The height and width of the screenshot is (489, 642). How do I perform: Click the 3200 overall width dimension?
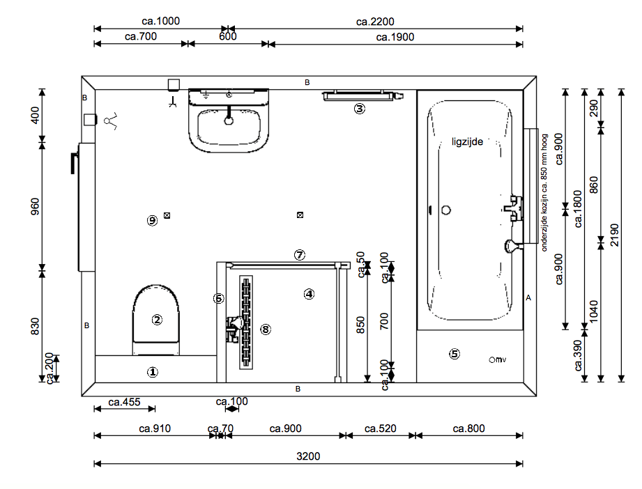[308, 456]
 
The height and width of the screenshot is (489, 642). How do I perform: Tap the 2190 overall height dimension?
[615, 235]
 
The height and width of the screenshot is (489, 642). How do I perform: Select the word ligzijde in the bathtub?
[467, 141]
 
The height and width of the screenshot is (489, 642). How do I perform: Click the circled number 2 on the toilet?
[157, 320]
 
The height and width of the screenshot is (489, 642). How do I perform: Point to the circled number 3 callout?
[360, 109]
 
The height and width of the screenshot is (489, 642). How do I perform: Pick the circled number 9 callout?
[153, 221]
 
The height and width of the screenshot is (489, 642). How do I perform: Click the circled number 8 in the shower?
[266, 329]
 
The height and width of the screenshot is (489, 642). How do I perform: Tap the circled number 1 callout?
[153, 372]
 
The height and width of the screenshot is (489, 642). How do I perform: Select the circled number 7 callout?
[300, 255]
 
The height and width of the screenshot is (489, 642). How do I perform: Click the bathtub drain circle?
[446, 210]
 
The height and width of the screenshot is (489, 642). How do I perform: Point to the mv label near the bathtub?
[500, 359]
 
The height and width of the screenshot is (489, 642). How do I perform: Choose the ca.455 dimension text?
[124, 402]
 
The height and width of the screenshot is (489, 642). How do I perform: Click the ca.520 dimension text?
[381, 428]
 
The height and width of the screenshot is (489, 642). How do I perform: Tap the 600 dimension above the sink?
[228, 36]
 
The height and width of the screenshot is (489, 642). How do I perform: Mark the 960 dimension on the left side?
[36, 206]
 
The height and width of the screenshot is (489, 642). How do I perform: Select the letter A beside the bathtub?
[528, 298]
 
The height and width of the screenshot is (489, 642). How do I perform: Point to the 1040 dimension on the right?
[594, 311]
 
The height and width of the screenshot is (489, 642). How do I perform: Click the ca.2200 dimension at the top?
[375, 22]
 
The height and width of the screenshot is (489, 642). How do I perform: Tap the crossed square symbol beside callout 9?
[167, 215]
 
